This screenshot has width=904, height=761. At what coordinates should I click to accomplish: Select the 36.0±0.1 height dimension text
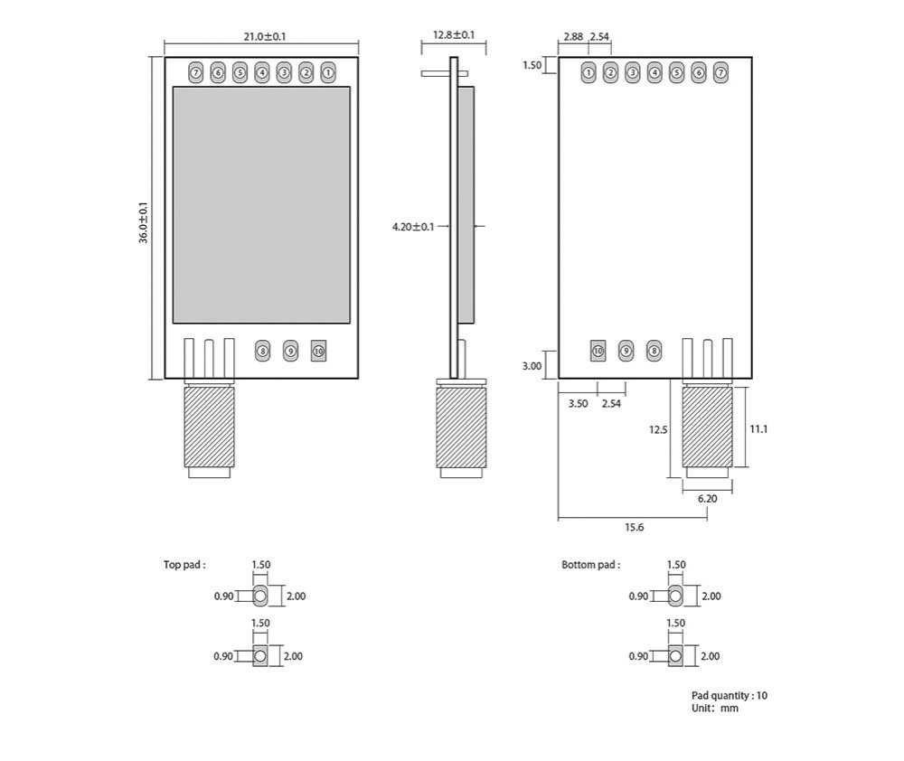click(x=143, y=221)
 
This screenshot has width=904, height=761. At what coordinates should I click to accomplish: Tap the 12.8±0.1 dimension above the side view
click(x=454, y=35)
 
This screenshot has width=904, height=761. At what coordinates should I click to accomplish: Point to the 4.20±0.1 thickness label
click(x=413, y=226)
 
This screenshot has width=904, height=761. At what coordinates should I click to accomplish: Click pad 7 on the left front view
click(x=196, y=72)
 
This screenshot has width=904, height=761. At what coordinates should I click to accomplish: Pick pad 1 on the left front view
click(x=327, y=72)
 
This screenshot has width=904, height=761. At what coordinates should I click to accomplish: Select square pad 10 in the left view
click(x=317, y=350)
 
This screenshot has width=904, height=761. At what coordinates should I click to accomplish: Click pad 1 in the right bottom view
click(x=589, y=72)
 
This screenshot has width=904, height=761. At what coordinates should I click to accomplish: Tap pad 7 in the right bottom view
click(x=720, y=72)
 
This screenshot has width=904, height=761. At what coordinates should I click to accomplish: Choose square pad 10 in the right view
click(x=597, y=350)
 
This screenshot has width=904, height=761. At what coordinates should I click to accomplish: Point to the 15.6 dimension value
click(x=635, y=527)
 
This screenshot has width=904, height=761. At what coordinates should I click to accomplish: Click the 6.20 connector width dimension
click(x=707, y=498)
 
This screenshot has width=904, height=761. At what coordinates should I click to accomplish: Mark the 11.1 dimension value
click(x=758, y=429)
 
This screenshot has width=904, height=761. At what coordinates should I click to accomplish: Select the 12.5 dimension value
click(x=657, y=429)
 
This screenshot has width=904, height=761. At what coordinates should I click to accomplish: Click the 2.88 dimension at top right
click(x=572, y=37)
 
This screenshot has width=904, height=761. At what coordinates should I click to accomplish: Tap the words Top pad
click(x=184, y=565)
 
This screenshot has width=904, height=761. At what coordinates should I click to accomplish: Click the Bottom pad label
click(x=590, y=565)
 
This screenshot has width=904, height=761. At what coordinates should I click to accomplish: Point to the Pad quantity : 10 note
click(x=730, y=695)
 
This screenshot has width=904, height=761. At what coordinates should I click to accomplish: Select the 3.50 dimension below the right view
click(x=578, y=403)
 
